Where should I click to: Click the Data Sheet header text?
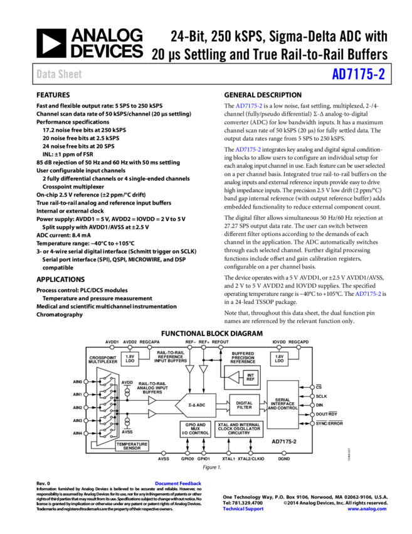59,74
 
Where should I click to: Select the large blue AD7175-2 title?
358,74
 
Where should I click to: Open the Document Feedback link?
178,483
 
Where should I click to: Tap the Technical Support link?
243,509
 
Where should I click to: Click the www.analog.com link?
367,509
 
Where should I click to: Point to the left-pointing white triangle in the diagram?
233,377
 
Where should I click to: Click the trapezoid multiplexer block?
107,406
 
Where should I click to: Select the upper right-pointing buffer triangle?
151,400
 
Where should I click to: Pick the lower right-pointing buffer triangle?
151,413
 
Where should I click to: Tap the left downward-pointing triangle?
189,369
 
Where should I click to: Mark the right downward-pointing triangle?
203,369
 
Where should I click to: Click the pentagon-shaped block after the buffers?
196,405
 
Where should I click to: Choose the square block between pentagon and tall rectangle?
244,405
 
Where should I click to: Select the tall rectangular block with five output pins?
282,405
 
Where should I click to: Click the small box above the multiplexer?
130,359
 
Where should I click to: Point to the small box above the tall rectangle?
279,359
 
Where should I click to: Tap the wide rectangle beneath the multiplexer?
132,445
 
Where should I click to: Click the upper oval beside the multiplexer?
127,391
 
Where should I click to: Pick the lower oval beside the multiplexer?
127,422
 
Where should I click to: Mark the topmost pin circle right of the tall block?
312,387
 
